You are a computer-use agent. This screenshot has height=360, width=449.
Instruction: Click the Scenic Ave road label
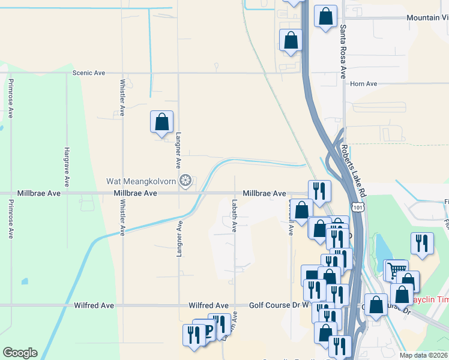click(88, 73)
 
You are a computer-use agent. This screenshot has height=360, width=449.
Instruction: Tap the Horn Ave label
click(363, 84)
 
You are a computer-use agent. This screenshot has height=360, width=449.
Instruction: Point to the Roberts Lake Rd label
click(352, 170)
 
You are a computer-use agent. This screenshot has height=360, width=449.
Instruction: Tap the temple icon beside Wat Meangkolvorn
click(186, 180)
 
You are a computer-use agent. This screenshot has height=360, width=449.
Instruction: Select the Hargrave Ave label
click(68, 165)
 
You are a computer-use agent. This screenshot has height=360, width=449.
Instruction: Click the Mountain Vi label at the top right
click(427, 18)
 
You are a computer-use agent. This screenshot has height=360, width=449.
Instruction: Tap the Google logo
click(20, 353)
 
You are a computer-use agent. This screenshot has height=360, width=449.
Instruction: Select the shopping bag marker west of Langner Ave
click(161, 122)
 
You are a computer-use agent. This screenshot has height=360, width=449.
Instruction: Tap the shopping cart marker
click(396, 270)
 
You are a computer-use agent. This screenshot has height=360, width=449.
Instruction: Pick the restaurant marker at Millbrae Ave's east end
click(319, 191)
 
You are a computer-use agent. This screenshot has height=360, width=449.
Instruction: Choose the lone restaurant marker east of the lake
click(422, 244)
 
